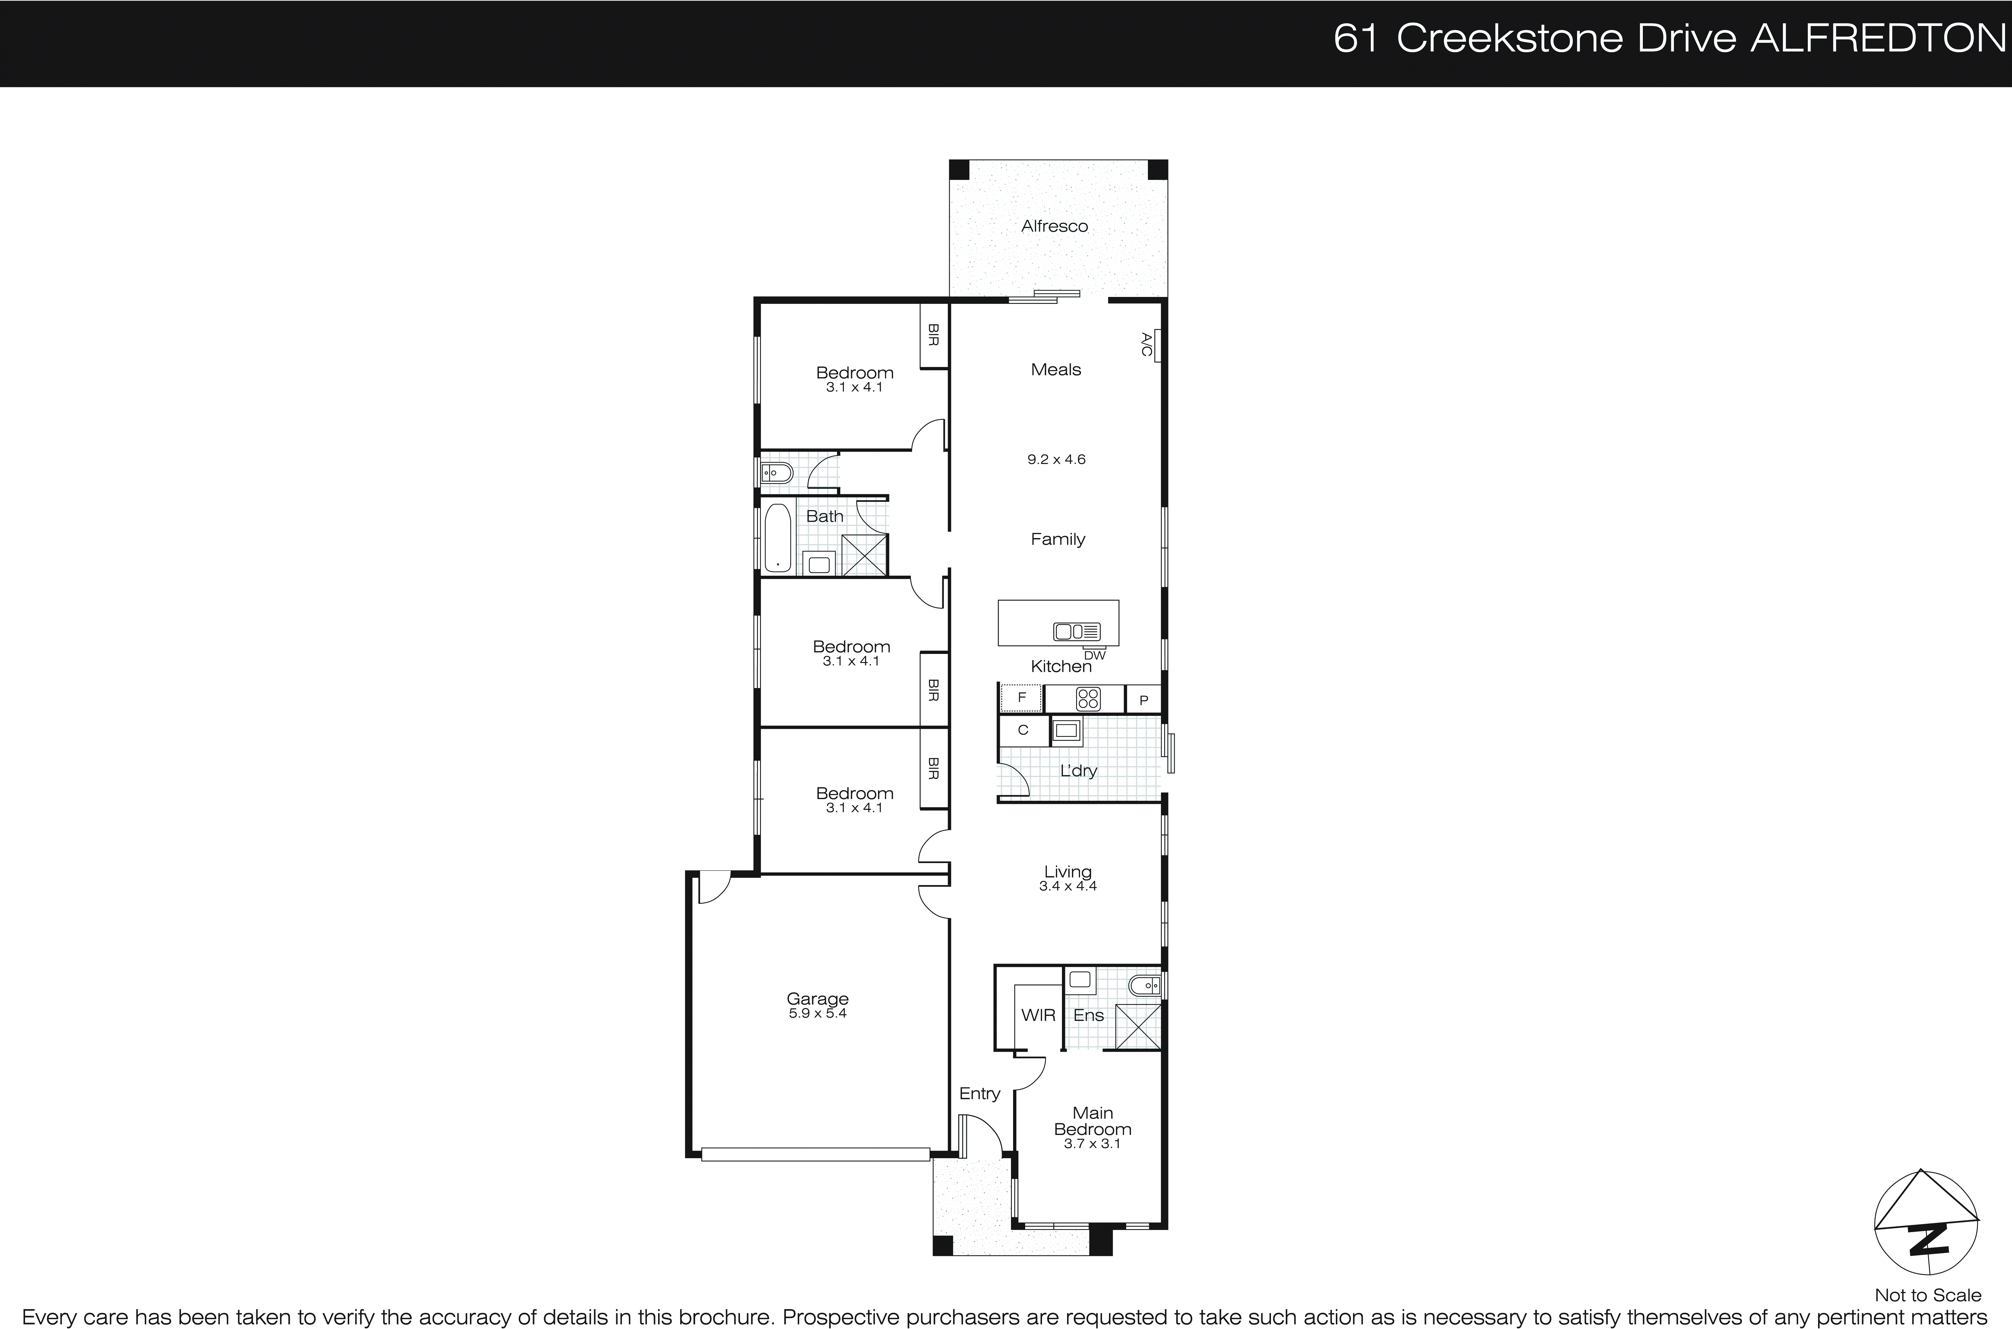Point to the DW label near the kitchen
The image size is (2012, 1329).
(1095, 655)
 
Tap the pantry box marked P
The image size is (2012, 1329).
(1143, 700)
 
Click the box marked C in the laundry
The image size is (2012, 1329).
(1022, 730)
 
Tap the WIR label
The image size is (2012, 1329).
(1038, 1015)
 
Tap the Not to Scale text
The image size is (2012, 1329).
(1927, 1295)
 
